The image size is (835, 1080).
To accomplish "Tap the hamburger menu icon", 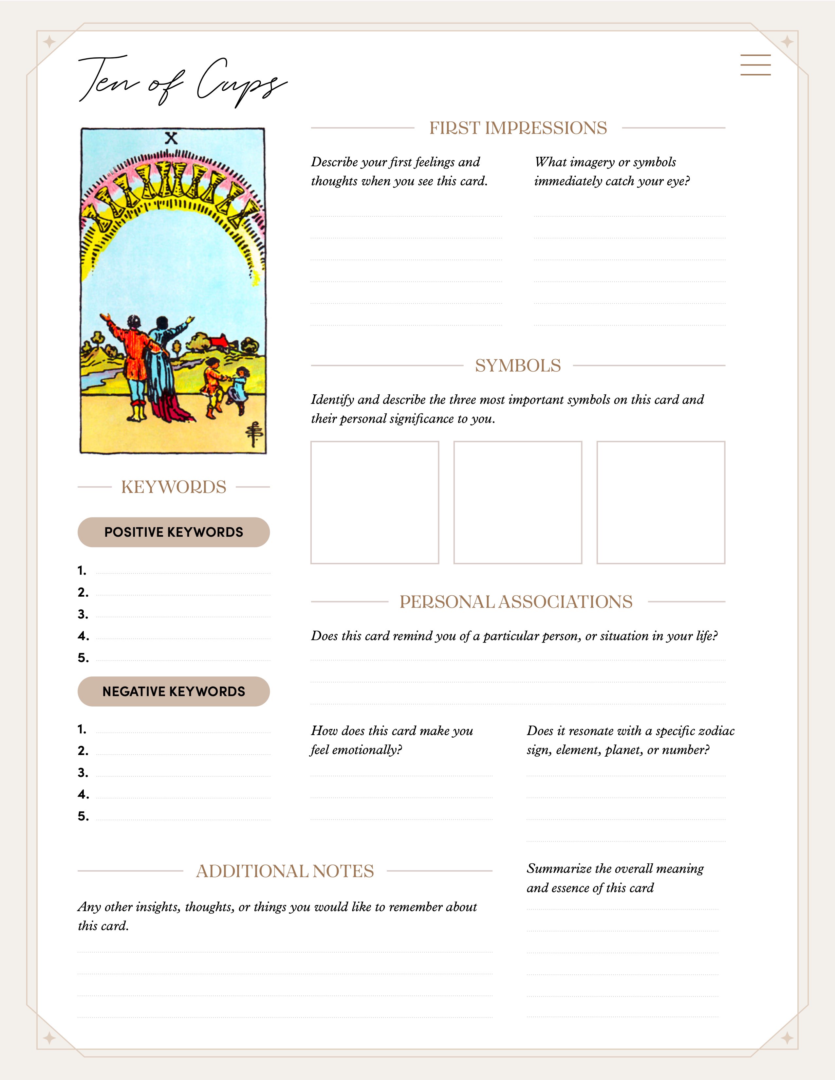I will [x=755, y=65].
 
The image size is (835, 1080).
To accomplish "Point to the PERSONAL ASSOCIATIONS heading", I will [x=516, y=602].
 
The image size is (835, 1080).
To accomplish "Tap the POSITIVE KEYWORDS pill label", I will [x=174, y=532].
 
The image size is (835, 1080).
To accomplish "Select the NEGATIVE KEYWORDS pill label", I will [x=174, y=691].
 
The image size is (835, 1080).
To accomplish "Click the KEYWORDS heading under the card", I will [x=174, y=487].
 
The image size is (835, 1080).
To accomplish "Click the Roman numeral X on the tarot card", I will [x=171, y=138].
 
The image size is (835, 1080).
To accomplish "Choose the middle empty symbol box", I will [x=517, y=502].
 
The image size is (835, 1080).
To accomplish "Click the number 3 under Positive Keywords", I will [x=83, y=614].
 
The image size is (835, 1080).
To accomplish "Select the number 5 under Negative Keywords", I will [x=83, y=816].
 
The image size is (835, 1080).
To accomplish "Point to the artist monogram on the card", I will [x=254, y=434].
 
